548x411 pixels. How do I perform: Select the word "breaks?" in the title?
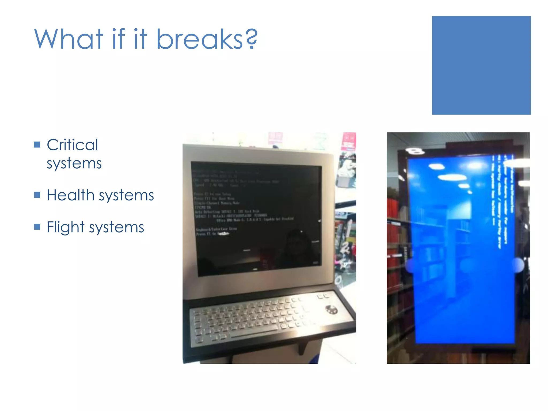207,39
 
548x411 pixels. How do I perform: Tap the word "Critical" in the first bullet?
72,145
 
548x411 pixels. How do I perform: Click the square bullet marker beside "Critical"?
37,145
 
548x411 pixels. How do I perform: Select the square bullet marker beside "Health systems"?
37,195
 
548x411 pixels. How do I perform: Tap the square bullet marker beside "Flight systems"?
37,227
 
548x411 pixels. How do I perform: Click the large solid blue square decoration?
481,65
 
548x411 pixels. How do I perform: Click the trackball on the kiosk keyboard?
331,310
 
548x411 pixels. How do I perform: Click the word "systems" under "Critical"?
74,163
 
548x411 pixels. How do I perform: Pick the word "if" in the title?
119,39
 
